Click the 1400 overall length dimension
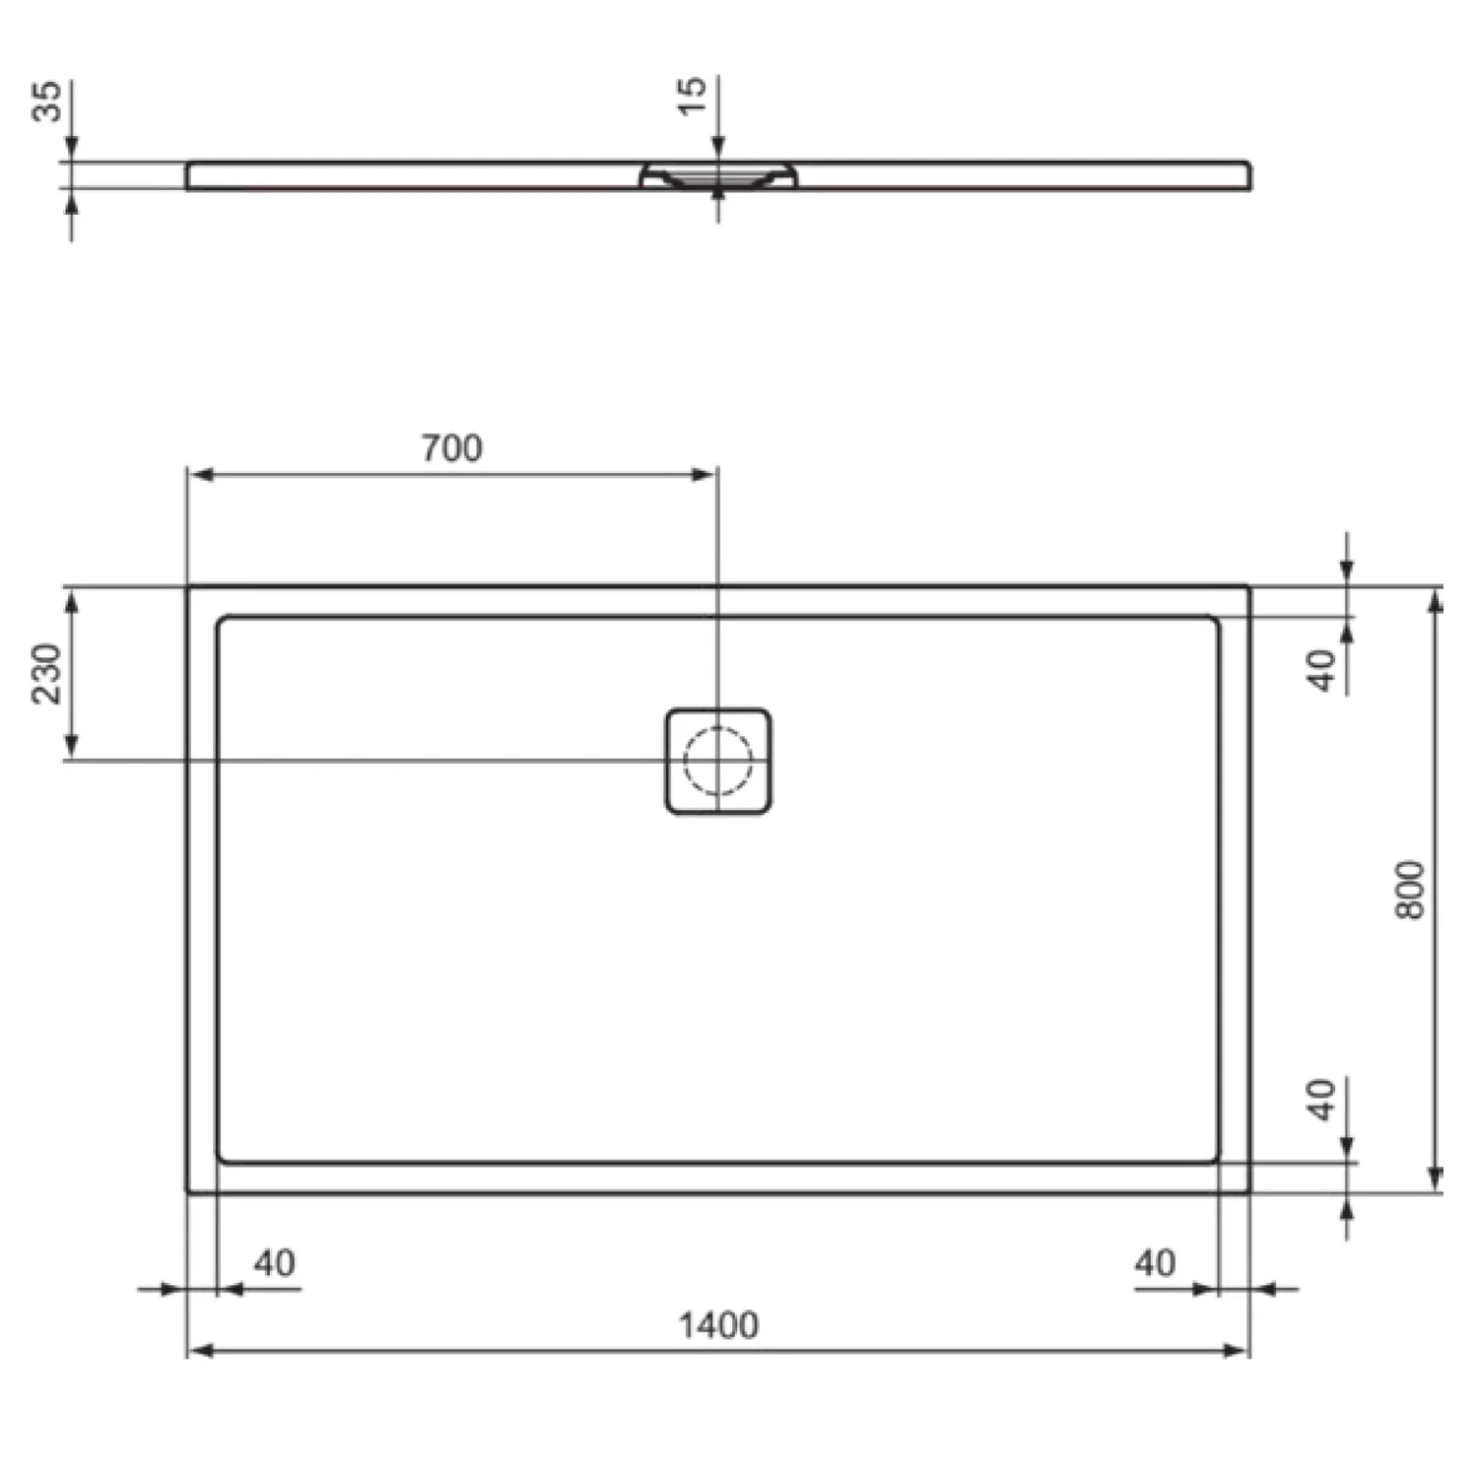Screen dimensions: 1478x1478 click(x=718, y=1325)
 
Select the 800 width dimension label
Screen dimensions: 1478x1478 click(x=1410, y=890)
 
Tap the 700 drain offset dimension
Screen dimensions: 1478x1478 click(x=452, y=448)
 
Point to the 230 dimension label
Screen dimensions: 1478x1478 click(x=47, y=673)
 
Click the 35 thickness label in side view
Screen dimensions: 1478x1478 click(x=47, y=101)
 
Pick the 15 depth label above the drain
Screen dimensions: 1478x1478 click(x=693, y=95)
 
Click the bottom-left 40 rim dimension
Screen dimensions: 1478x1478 click(x=274, y=1263)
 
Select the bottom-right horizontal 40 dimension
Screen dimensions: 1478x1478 click(x=1155, y=1263)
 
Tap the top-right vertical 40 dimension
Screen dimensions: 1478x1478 click(x=1322, y=670)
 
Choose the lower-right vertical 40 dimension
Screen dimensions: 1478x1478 click(x=1322, y=1100)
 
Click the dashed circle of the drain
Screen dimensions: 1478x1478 click(x=718, y=761)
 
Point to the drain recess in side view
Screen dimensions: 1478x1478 click(x=718, y=177)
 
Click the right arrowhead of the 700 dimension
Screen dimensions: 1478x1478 click(x=704, y=475)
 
